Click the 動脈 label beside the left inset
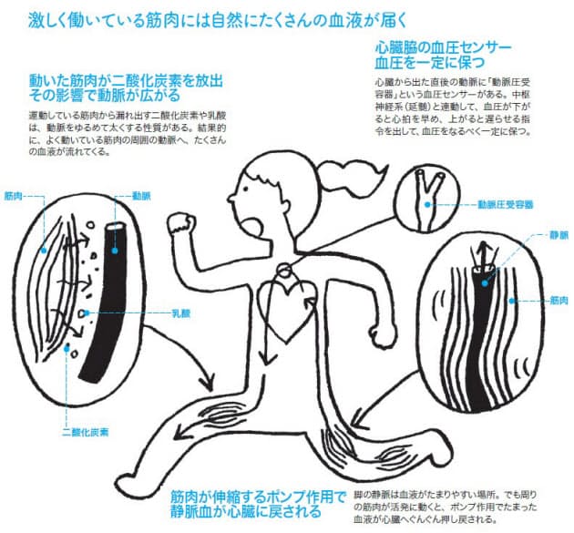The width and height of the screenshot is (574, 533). [x=141, y=195]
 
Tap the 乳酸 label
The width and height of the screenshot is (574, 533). [x=181, y=312]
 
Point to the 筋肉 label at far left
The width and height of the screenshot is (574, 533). [x=13, y=195]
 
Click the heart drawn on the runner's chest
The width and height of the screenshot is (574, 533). [x=284, y=300]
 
